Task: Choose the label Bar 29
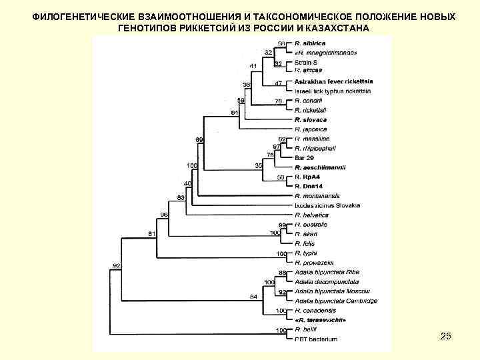(x=303, y=157)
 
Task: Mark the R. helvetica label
(x=311, y=215)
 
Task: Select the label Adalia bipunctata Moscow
(x=331, y=291)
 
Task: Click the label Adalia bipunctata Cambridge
(x=335, y=301)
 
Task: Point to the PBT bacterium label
(x=316, y=339)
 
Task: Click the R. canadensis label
(x=315, y=311)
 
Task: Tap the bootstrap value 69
(x=199, y=139)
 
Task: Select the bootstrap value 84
(x=253, y=296)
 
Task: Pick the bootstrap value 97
(x=276, y=147)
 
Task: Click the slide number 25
(x=446, y=337)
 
